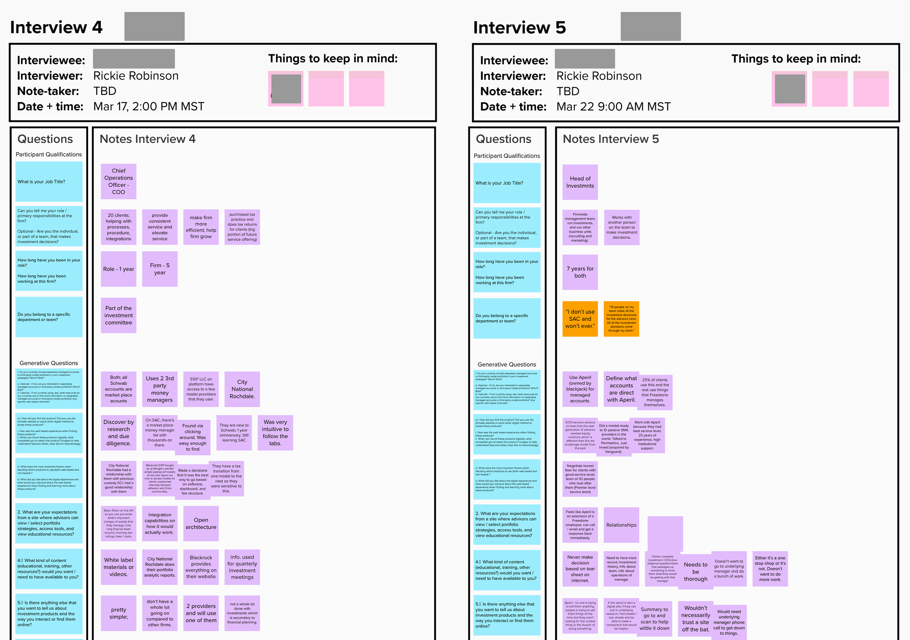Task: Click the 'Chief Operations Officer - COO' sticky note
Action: click(x=119, y=182)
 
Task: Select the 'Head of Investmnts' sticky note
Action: click(x=580, y=182)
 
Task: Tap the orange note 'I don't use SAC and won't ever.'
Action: click(x=580, y=319)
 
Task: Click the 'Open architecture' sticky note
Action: click(x=201, y=524)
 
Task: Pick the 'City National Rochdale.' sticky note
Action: click(x=242, y=389)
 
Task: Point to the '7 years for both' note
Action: click(x=580, y=272)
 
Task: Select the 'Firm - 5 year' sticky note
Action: click(x=160, y=269)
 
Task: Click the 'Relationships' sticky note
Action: click(x=621, y=525)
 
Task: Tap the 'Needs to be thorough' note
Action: click(x=695, y=572)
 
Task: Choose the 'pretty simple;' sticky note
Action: click(x=119, y=613)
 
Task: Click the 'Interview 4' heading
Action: click(x=56, y=27)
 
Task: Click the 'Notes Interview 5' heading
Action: click(x=610, y=139)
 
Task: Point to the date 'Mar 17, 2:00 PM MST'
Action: click(x=149, y=107)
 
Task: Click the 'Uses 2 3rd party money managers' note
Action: click(x=160, y=389)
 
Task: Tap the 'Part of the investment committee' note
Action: click(x=119, y=315)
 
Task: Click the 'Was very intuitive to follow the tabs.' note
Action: click(x=276, y=433)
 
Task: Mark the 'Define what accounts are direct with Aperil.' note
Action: click(x=621, y=389)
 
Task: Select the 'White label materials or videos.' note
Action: click(x=119, y=567)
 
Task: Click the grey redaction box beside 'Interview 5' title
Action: click(x=650, y=27)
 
